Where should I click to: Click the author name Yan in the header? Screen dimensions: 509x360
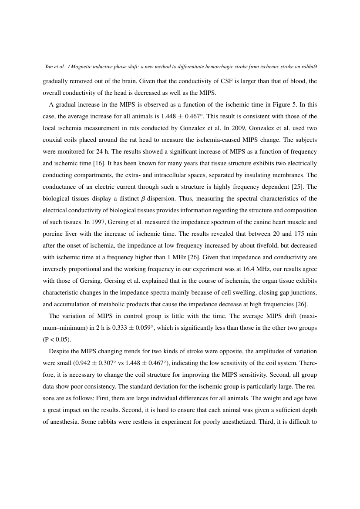coord(49,67)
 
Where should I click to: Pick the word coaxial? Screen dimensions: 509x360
coord(54,140)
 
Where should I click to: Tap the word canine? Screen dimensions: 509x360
coord(261,222)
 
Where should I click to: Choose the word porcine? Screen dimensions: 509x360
coord(54,234)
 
